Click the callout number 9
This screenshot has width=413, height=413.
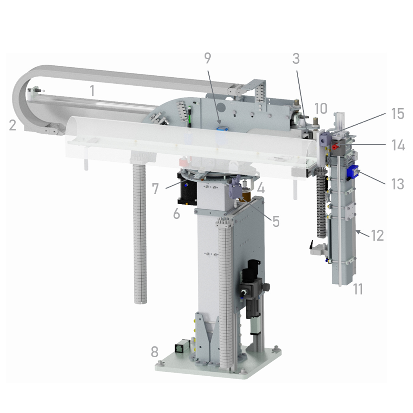(x=208, y=58)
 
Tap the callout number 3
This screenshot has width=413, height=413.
(x=296, y=59)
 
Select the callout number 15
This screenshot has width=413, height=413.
(x=398, y=114)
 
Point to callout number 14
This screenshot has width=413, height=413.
(x=398, y=145)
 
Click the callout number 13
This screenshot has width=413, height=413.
(x=398, y=184)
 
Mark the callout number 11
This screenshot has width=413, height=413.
(x=358, y=289)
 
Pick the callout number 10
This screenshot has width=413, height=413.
(x=321, y=108)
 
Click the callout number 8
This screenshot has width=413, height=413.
(x=154, y=352)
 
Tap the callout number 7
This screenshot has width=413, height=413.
(x=155, y=189)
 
